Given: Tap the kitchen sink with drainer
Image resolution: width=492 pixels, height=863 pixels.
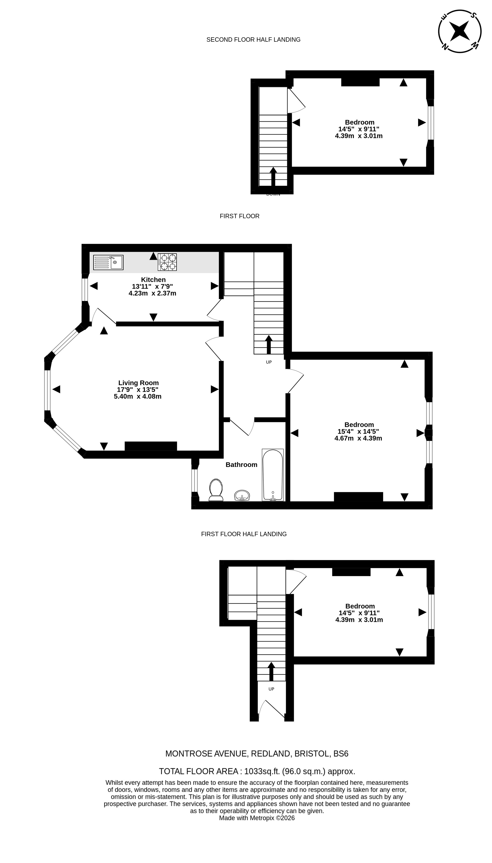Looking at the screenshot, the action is point(108,262).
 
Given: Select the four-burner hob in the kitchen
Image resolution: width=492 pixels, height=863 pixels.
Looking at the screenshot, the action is point(167,262).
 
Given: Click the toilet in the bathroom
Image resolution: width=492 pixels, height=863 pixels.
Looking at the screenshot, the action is point(216,490).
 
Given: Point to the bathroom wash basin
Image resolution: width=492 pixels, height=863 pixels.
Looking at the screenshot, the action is point(242,495).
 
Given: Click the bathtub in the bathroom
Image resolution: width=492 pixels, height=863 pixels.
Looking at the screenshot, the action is point(273,475).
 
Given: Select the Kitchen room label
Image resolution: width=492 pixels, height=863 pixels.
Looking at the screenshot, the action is point(153,279).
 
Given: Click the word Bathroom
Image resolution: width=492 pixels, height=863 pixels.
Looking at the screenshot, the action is point(242,465).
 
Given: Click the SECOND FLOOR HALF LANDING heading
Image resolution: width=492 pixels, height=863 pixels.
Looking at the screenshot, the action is point(254,40).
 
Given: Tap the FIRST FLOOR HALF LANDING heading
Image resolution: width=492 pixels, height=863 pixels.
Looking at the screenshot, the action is point(244,534).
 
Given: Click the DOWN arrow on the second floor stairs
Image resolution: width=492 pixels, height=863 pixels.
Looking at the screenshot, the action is point(273,176).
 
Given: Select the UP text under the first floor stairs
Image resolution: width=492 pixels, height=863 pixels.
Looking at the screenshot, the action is point(269,362).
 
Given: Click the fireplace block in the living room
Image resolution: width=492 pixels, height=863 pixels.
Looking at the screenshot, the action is point(151,446).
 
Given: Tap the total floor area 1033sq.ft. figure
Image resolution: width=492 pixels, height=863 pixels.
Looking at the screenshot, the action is point(257,771).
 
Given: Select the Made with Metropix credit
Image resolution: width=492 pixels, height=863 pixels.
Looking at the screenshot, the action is point(257,818).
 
